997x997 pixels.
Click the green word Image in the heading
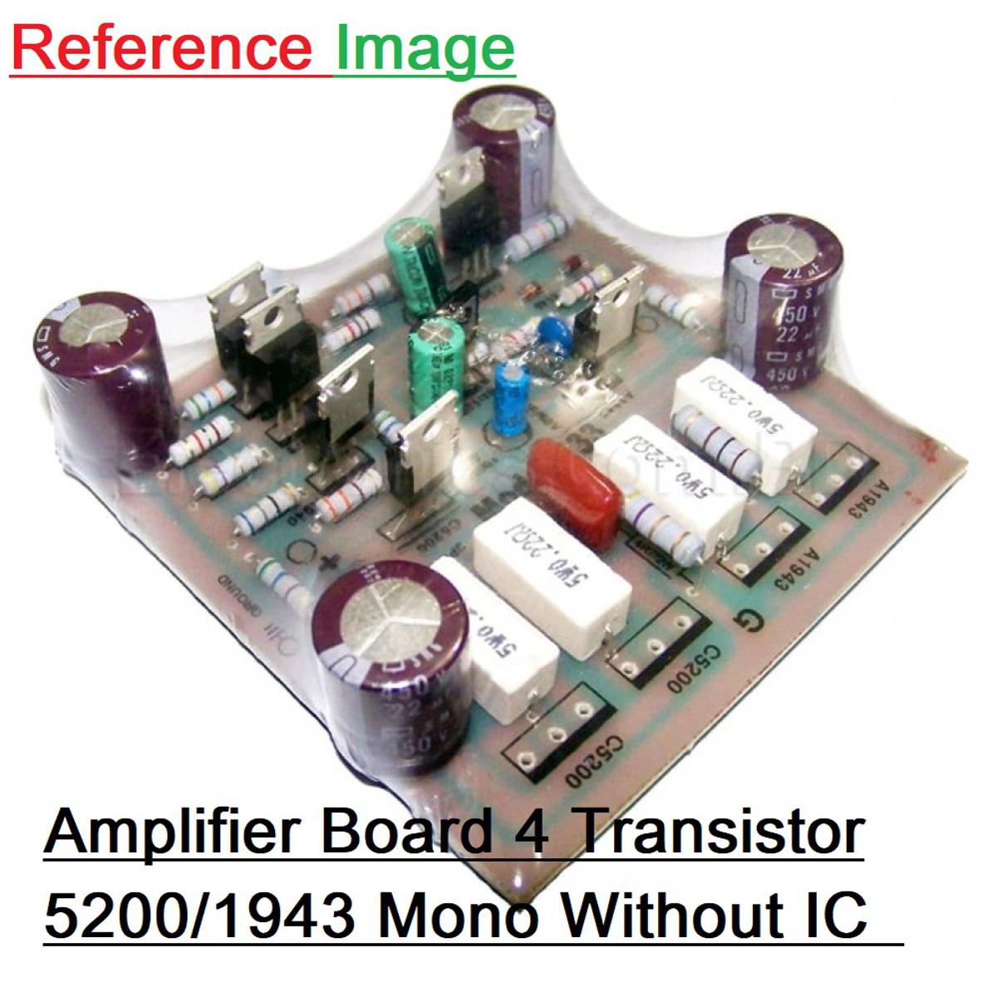click(x=425, y=50)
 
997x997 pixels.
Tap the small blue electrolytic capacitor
click(x=511, y=399)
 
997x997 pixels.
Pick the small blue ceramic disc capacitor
click(x=548, y=330)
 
